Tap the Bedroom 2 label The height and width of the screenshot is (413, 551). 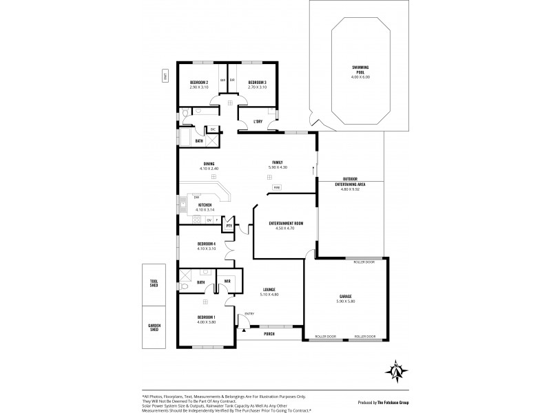(x=200, y=83)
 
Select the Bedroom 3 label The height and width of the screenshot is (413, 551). (x=258, y=83)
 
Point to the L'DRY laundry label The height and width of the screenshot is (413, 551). (x=258, y=123)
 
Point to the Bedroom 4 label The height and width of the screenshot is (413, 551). (x=207, y=244)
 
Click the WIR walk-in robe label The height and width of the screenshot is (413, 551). (x=227, y=282)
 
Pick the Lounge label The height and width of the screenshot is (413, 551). (x=269, y=290)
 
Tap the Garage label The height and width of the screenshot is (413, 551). (x=346, y=296)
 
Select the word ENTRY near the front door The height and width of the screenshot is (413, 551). (x=249, y=314)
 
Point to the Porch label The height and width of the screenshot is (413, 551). (x=269, y=334)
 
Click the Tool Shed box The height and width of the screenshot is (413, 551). (x=154, y=283)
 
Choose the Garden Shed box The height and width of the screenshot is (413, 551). (x=154, y=328)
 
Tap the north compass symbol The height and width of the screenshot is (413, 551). (x=397, y=370)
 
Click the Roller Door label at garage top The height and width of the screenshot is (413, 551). (x=364, y=262)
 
